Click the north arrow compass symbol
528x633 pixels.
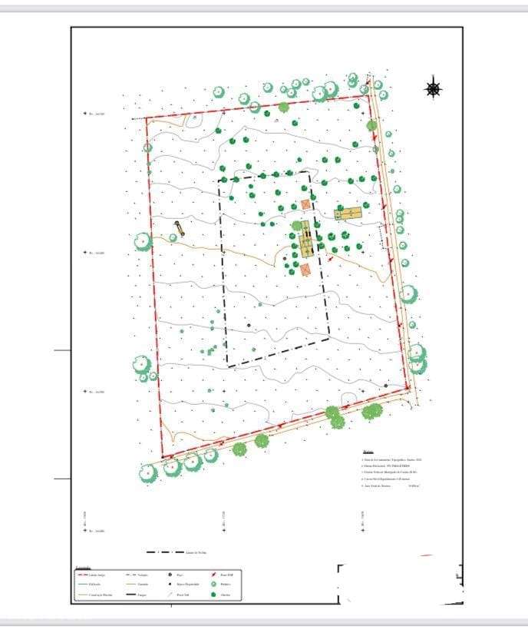click(x=434, y=89)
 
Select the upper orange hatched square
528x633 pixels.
click(x=305, y=204)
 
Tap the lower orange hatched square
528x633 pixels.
click(x=305, y=269)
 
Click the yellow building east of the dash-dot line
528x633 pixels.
click(x=348, y=213)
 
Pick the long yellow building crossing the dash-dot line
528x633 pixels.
click(x=306, y=240)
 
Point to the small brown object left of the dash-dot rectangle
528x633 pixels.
click(x=179, y=227)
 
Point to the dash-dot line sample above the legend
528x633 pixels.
click(x=163, y=552)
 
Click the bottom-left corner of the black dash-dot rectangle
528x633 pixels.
click(x=228, y=366)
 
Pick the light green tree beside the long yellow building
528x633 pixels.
click(x=297, y=226)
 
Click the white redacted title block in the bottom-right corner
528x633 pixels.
click(x=399, y=584)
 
